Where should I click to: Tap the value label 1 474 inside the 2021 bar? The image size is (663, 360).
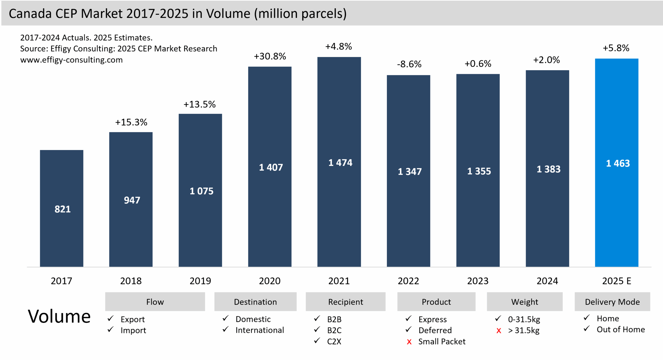340,163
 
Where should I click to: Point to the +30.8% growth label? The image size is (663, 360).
270,56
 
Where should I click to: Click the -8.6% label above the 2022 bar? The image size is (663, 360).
409,64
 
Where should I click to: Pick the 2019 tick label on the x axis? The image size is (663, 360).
200,281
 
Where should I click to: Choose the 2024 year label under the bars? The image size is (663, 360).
547,281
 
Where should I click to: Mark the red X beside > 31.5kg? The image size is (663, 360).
499,331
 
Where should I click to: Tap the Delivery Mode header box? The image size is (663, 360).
612,302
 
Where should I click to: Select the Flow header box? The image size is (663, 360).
155,302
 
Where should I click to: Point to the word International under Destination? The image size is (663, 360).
260,330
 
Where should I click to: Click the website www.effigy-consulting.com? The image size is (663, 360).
71,60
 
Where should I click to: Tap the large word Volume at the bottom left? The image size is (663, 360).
59,316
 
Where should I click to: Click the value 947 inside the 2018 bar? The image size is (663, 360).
132,200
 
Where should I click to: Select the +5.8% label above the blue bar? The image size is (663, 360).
616,48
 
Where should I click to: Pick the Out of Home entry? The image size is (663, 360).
621,329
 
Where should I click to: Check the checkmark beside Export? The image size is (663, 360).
111,318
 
